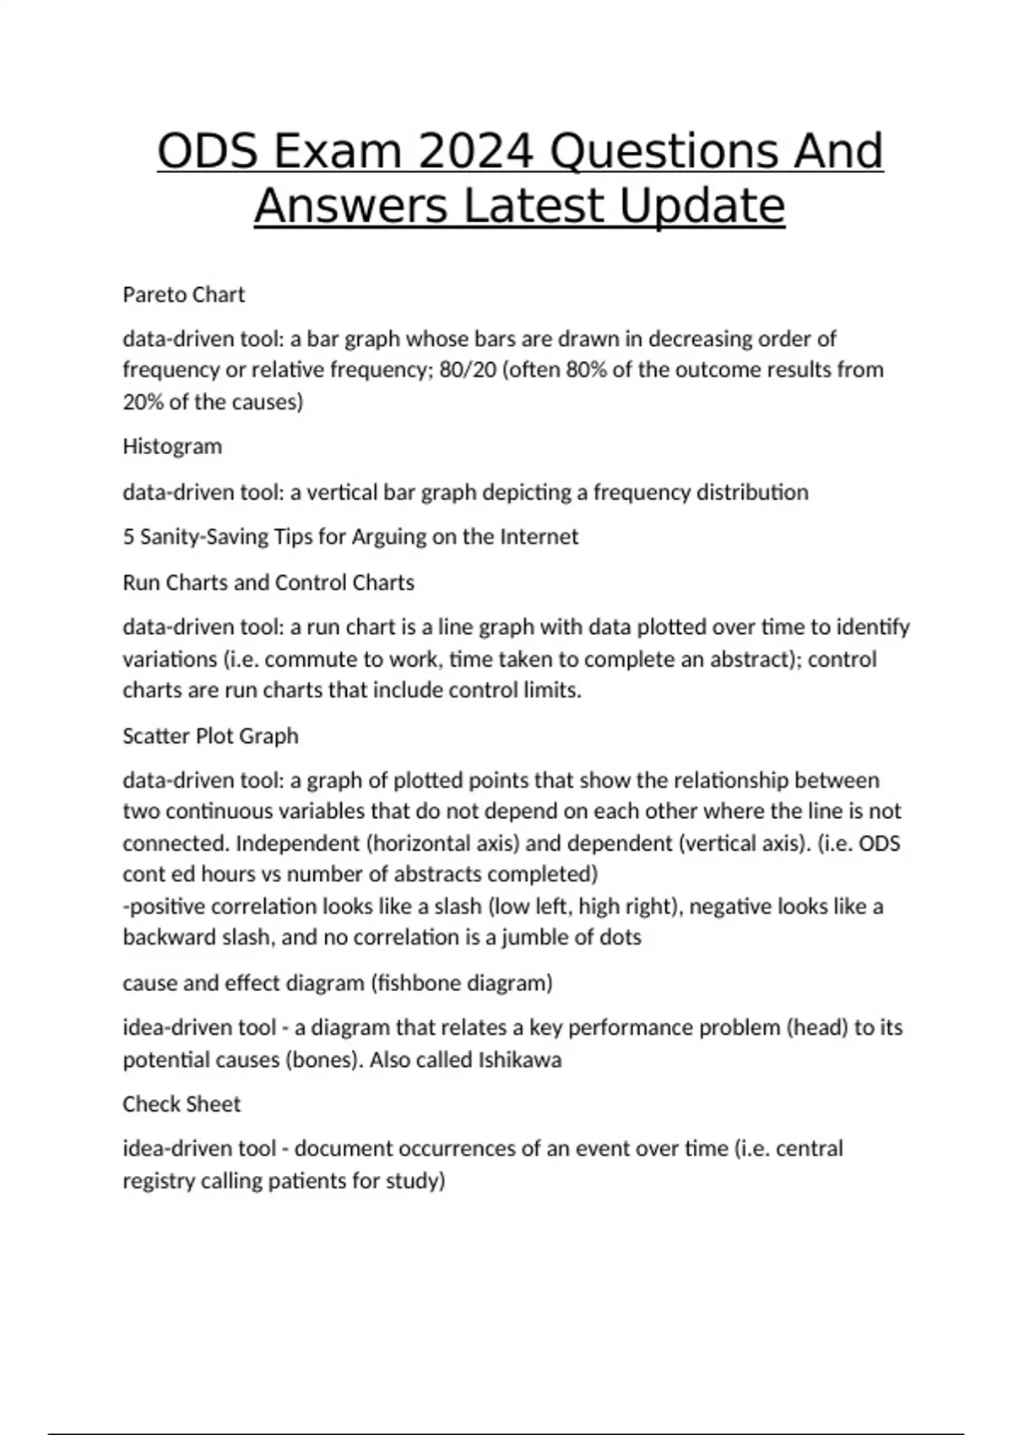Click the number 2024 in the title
coord(475,152)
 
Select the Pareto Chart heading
coord(183,295)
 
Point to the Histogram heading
coord(172,447)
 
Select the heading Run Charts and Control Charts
coord(268,582)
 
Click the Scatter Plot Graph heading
coord(210,736)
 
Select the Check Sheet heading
coord(181,1104)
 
